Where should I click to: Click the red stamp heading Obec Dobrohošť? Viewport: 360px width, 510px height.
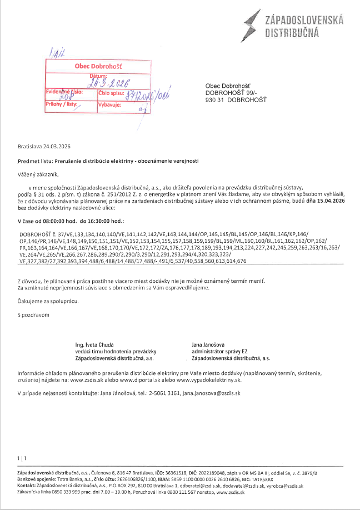pyautogui.click(x=98, y=66)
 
